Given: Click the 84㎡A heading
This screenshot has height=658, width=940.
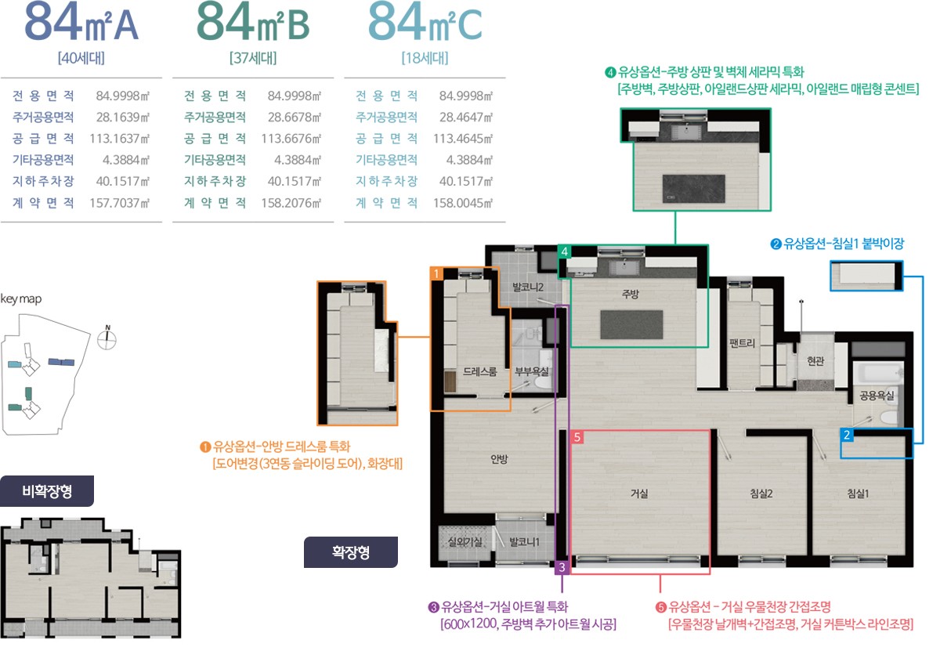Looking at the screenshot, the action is coord(81,22).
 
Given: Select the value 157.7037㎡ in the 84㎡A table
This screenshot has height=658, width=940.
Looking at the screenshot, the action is coord(120,203).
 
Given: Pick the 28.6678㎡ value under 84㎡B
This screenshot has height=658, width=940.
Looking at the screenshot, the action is coord(295,117).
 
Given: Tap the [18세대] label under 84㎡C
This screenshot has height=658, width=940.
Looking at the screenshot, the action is coord(425,58).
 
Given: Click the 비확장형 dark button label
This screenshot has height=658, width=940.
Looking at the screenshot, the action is coord(47,491).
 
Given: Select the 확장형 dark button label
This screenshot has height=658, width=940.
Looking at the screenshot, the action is coord(351,551).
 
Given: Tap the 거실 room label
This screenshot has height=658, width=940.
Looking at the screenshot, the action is coord(639,493).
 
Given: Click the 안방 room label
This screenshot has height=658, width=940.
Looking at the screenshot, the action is coord(499,459).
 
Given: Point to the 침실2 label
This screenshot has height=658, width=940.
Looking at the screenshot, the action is coord(761,493).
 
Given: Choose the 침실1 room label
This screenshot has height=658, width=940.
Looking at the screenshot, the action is coord(858,493).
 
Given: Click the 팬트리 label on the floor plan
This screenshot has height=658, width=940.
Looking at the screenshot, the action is coord(742,343).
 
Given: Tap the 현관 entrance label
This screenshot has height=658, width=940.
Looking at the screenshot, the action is coord(815,360).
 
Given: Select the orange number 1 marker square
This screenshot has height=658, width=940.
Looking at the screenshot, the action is coord(436,273).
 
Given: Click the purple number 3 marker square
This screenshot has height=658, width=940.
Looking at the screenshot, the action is coord(562,567).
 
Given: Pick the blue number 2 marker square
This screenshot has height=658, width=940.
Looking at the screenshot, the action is coord(847,435).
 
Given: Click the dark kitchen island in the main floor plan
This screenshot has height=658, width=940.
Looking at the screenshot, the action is coord(631,324).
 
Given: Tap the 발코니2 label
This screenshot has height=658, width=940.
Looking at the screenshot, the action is coord(528,287).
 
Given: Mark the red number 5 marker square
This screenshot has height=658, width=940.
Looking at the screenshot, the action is coord(577,437).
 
